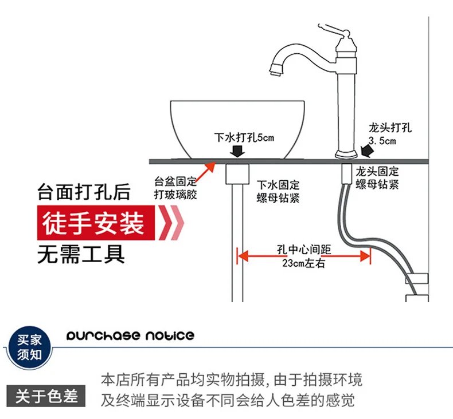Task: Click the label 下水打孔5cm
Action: pyautogui.click(x=244, y=138)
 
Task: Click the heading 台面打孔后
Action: pyautogui.click(x=84, y=192)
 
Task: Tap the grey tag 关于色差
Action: pyautogui.click(x=46, y=396)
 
